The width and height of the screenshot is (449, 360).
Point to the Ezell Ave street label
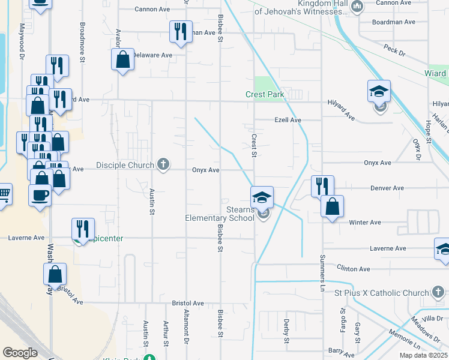tap(288, 120)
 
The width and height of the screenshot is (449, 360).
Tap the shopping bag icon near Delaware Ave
tap(122, 60)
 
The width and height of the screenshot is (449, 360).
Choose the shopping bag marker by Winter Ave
tap(332, 207)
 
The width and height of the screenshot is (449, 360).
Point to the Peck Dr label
tap(394, 52)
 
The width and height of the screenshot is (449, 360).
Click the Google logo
tap(20, 353)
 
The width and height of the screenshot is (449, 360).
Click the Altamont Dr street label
tap(186, 331)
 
